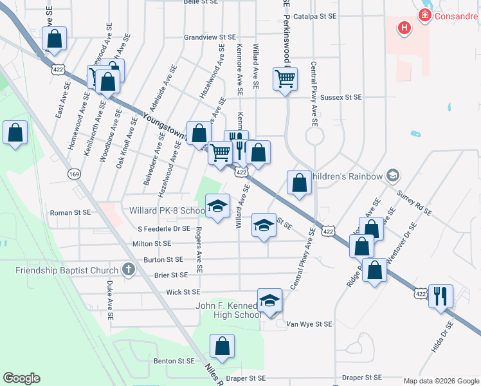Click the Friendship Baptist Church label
(67, 270)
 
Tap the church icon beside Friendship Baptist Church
(128, 270)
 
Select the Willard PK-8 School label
(167, 210)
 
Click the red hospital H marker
(404, 28)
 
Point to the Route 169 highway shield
(75, 174)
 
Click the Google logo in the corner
(21, 378)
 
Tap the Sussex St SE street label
(341, 97)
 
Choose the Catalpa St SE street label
(315, 16)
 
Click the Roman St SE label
(70, 212)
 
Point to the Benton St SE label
(174, 362)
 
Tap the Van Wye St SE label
(309, 324)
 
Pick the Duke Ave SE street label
(110, 300)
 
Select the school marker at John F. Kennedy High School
(270, 300)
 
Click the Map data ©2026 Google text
(440, 381)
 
